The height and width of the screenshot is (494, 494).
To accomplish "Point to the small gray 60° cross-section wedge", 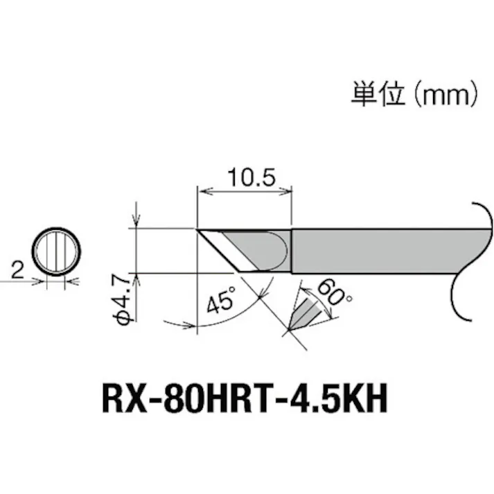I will click(304, 315).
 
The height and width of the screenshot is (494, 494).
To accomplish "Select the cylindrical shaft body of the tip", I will click(367, 251).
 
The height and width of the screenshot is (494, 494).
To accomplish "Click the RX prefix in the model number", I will click(122, 400).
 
